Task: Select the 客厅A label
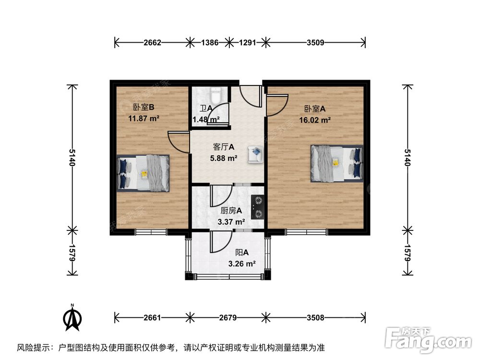(x=224, y=147)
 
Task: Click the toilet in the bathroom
(x=216, y=94)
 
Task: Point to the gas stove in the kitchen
(x=257, y=206)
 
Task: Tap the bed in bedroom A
(x=336, y=163)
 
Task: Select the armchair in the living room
(x=255, y=155)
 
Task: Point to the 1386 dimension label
(x=209, y=43)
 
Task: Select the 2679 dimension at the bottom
(x=228, y=317)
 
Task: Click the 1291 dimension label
(x=248, y=43)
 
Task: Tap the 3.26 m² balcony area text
(x=242, y=264)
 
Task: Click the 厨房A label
(x=231, y=210)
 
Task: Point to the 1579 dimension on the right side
(x=408, y=253)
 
